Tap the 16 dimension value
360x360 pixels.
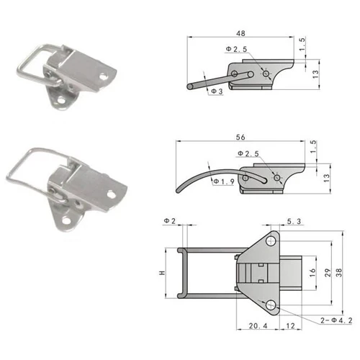coord(312,272)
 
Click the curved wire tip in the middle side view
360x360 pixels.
coord(180,190)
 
